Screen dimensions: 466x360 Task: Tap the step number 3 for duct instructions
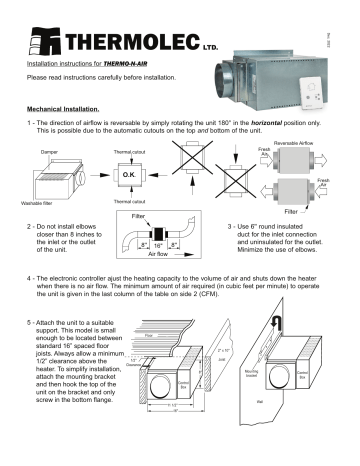click(x=231, y=227)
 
